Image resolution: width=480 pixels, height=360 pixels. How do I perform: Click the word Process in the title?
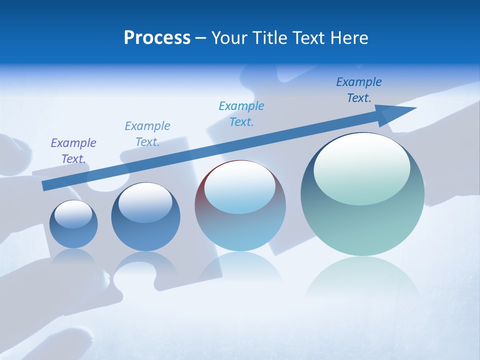pyautogui.click(x=157, y=38)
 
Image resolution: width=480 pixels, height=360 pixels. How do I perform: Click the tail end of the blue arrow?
pyautogui.click(x=46, y=185)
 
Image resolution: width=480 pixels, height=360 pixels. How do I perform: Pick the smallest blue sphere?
pyautogui.click(x=73, y=224)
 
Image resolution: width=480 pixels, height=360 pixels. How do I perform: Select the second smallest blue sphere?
pyautogui.click(x=145, y=217)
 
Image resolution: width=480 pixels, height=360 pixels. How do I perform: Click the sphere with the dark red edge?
pyautogui.click(x=240, y=205)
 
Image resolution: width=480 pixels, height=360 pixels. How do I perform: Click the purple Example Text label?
pyautogui.click(x=73, y=150)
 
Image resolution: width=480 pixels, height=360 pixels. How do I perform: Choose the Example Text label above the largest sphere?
pyautogui.click(x=359, y=89)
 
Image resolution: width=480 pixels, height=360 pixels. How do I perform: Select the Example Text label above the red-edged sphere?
pyautogui.click(x=241, y=113)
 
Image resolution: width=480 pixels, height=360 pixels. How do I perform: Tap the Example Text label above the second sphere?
pyautogui.click(x=147, y=133)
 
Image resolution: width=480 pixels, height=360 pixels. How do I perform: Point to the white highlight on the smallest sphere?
pyautogui.click(x=73, y=213)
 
